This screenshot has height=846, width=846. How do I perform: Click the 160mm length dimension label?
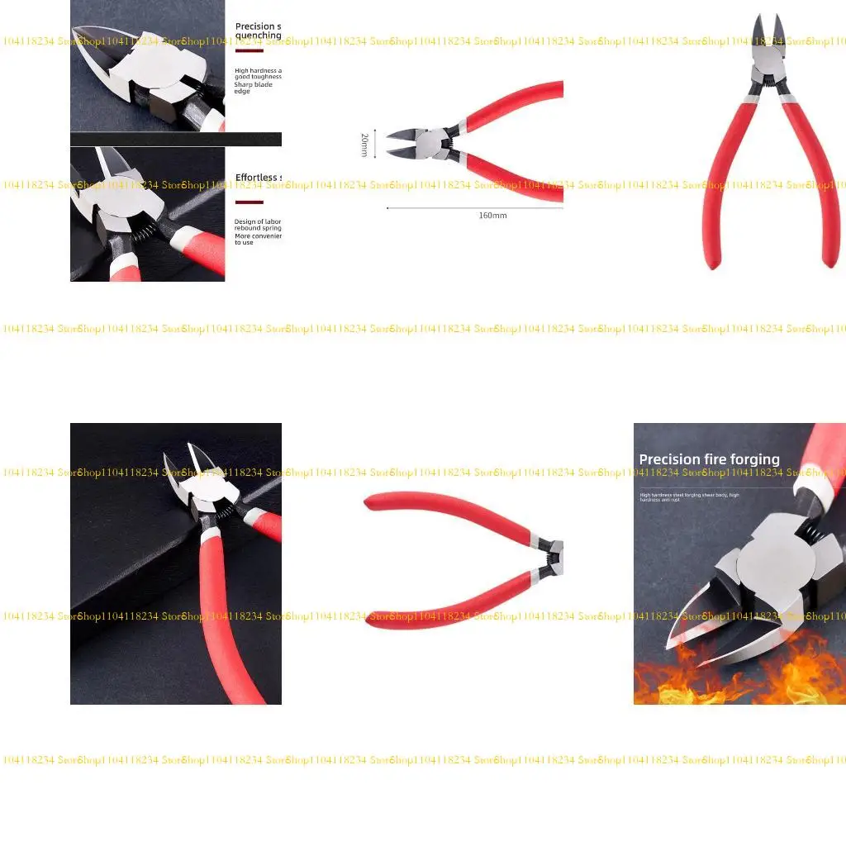tap(492, 216)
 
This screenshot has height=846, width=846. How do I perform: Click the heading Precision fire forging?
tap(709, 459)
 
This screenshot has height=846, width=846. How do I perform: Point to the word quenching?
tap(258, 36)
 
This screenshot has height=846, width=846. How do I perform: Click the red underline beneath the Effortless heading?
tap(249, 202)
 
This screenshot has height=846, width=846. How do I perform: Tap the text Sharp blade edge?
tap(254, 88)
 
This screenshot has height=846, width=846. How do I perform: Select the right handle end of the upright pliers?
tap(830, 259)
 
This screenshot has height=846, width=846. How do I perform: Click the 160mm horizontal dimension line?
tap(474, 207)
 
